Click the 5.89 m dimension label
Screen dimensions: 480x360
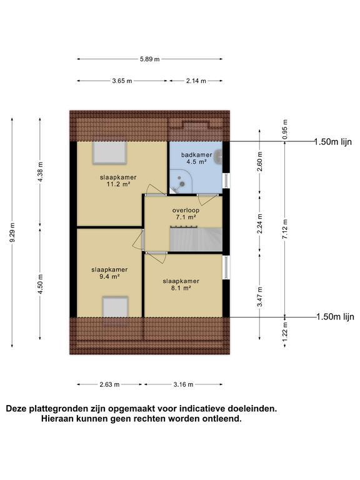pyautogui.click(x=151, y=59)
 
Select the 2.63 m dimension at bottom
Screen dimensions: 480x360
pyautogui.click(x=109, y=384)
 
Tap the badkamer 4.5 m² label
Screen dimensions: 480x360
pyautogui.click(x=196, y=158)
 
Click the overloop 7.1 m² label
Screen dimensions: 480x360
pyautogui.click(x=186, y=214)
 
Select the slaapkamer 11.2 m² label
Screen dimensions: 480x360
pyautogui.click(x=117, y=181)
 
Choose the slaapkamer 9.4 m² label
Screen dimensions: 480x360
pyautogui.click(x=109, y=273)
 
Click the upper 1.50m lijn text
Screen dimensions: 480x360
pyautogui.click(x=334, y=142)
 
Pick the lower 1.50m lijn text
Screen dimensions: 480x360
pyautogui.click(x=334, y=317)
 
